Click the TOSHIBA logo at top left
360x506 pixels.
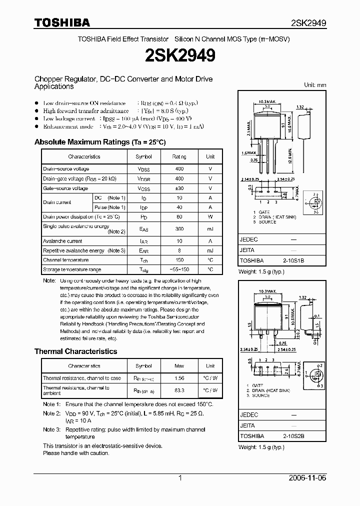coord(62,22)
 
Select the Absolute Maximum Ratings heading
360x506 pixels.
coord(99,142)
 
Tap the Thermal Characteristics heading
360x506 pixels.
coord(75,351)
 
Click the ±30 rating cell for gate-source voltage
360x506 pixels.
coord(179,188)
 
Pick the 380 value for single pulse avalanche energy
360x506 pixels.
coord(179,228)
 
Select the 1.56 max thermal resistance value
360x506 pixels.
coord(179,378)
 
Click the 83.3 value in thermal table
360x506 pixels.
coord(179,390)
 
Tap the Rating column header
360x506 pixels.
coord(179,156)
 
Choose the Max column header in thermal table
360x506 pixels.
coord(179,366)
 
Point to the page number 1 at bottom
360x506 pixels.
coord(180,478)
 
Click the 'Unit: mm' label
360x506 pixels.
coord(315,85)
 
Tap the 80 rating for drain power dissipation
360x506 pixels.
coord(179,217)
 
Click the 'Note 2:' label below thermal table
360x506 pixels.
coord(51,413)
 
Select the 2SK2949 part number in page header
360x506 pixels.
coord(308,23)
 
